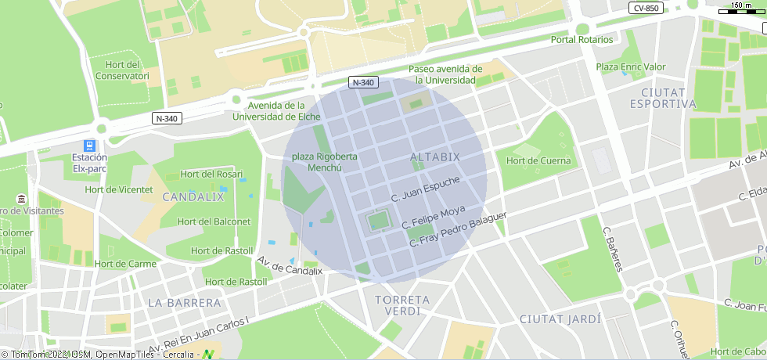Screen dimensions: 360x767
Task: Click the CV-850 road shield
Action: coord(646,8)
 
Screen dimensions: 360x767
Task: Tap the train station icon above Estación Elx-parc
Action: coord(90,146)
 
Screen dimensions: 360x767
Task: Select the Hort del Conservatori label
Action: coord(122,70)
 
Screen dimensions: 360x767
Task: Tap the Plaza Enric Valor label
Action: coord(631,67)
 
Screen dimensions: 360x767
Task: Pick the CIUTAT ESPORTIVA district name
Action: coord(662,98)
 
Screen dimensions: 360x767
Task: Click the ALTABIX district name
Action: coord(435,158)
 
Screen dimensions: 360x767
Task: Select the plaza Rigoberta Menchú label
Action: coord(324,162)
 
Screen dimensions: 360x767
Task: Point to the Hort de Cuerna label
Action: coord(538,161)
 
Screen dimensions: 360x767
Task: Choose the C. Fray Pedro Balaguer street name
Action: coord(459,229)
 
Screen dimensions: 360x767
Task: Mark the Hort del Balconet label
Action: coord(214,221)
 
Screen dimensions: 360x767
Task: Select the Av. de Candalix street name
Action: coord(290,267)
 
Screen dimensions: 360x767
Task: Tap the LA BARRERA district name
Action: coord(184,302)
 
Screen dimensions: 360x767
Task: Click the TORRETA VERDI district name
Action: coord(402,305)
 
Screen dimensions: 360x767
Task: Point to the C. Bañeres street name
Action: coord(613,250)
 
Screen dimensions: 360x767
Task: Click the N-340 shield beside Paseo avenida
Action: coord(363,82)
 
